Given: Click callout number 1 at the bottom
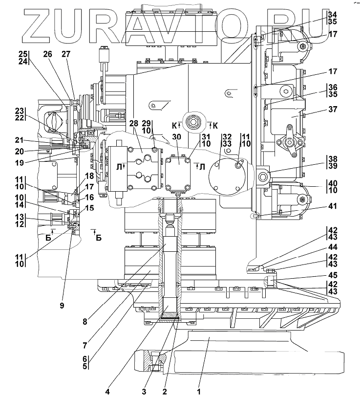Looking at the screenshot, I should (199, 391).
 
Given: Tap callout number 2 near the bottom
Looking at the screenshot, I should (165, 391).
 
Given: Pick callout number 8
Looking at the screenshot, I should (85, 321).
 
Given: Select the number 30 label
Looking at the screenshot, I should (176, 136).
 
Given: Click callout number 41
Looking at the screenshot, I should (332, 206).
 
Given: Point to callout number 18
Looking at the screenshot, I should (89, 176).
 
